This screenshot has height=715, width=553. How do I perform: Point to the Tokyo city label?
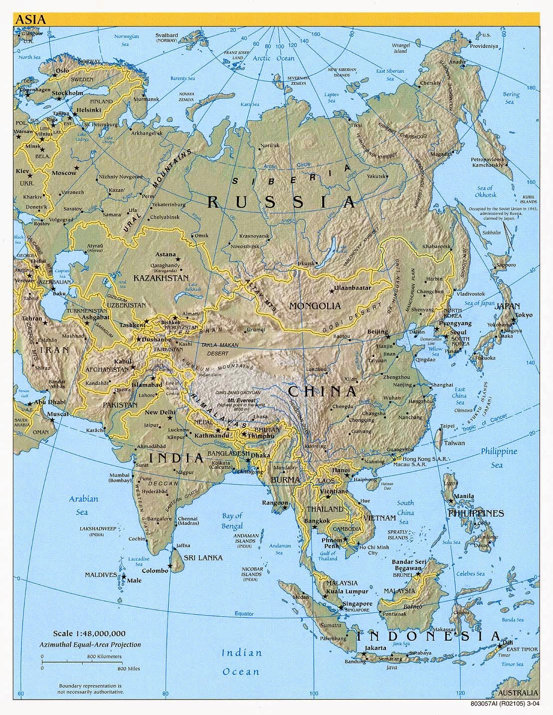pyautogui.click(x=524, y=315)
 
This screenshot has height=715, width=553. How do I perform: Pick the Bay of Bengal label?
pyautogui.click(x=232, y=521)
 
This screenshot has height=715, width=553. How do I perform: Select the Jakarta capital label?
pyautogui.click(x=375, y=648)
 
